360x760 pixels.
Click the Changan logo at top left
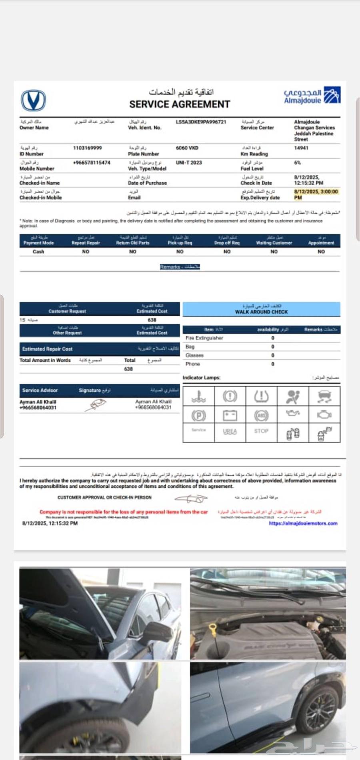(33, 100)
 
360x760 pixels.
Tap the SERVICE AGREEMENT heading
(180, 104)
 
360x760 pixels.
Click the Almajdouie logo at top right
(312, 96)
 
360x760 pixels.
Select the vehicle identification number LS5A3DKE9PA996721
(201, 122)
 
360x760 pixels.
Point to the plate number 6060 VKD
(187, 148)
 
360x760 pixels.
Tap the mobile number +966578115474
(92, 163)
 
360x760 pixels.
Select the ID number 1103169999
(87, 148)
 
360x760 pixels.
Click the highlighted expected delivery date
(316, 194)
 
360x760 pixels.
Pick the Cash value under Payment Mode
(38, 252)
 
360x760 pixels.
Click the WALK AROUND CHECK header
(261, 312)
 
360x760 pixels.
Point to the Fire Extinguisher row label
(204, 338)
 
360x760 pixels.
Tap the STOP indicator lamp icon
(261, 431)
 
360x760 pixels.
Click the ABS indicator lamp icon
(261, 416)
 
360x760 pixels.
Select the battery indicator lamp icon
(230, 415)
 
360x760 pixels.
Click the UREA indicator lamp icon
(230, 432)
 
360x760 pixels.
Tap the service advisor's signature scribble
(96, 405)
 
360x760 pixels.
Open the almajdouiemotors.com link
(303, 523)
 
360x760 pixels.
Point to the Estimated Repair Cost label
(47, 349)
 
